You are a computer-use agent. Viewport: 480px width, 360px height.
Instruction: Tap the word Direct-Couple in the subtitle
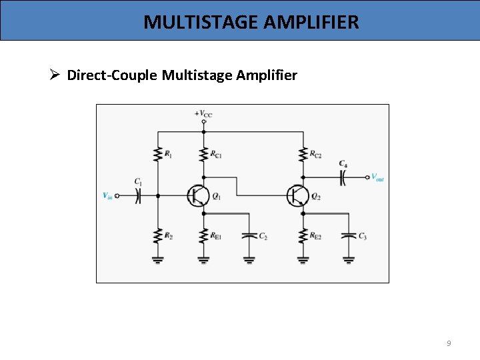(x=112, y=75)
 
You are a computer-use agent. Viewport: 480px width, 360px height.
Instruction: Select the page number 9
(x=449, y=343)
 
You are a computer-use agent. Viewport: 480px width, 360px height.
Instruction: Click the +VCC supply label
(x=203, y=114)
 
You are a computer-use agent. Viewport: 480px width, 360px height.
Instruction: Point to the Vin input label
(x=107, y=196)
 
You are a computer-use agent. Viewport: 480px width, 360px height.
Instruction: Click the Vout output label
(x=377, y=177)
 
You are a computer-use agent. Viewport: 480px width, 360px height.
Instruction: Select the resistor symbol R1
(x=158, y=155)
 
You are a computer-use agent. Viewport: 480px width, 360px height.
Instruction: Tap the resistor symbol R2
(x=158, y=236)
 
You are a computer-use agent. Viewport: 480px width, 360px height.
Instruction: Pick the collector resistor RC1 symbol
(x=204, y=155)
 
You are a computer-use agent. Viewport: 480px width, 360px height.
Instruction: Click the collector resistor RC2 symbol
(x=303, y=155)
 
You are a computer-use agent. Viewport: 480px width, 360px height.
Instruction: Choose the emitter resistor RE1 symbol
(x=204, y=236)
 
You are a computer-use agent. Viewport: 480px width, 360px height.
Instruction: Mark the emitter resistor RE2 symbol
(x=303, y=236)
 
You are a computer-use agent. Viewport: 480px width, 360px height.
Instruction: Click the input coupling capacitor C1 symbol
(x=138, y=196)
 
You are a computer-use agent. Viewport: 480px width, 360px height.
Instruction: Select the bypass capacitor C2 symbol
(x=249, y=235)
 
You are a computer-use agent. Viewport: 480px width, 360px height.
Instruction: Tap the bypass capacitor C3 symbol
(x=348, y=235)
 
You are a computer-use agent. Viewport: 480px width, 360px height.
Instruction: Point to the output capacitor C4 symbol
(x=343, y=177)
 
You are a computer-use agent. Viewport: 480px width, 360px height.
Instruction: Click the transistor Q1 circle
(x=198, y=196)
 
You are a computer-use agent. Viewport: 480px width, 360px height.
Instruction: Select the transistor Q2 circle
(x=297, y=196)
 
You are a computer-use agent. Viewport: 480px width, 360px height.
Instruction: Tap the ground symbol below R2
(x=158, y=259)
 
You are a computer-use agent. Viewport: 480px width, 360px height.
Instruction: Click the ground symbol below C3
(x=348, y=259)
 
